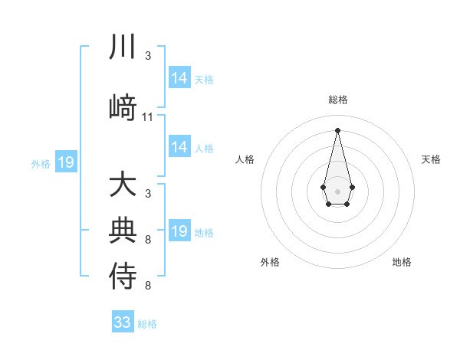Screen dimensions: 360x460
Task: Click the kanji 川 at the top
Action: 123,47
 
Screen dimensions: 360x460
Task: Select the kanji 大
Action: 123,185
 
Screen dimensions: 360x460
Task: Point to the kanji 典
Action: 123,229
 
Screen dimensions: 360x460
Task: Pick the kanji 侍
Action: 123,276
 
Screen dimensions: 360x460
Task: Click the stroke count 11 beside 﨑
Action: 148,117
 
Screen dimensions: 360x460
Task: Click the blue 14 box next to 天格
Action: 179,78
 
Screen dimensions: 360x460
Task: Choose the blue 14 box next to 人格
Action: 179,147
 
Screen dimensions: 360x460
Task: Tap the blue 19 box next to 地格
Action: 179,231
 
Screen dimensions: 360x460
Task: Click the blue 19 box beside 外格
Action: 66,162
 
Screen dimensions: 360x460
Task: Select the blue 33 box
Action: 123,322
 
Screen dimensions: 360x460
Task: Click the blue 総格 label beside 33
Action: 147,324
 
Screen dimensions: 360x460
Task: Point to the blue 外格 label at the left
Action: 40,163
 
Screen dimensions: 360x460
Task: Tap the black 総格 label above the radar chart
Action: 337,100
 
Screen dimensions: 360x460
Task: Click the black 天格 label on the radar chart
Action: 431,159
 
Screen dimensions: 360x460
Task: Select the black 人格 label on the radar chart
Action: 245,159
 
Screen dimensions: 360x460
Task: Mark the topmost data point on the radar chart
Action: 337,129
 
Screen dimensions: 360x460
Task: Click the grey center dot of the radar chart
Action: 337,191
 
